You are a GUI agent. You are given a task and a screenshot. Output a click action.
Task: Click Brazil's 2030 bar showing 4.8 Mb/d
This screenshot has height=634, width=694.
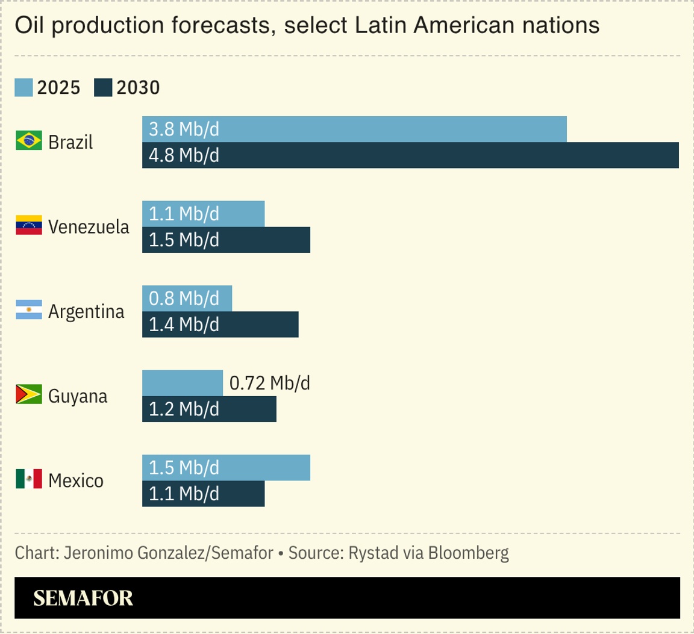coord(410,155)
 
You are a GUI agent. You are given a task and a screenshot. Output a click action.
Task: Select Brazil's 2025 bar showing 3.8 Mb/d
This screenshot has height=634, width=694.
coord(354,129)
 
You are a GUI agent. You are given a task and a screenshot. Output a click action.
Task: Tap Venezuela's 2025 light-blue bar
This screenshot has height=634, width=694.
coord(203,214)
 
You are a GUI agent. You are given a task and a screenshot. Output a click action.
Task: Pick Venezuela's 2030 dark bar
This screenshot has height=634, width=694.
coord(226,240)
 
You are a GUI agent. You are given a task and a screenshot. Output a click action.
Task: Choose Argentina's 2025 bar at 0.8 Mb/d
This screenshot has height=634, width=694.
coord(187,299)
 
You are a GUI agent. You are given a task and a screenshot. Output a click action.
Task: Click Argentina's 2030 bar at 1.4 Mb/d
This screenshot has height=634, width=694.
coord(220,325)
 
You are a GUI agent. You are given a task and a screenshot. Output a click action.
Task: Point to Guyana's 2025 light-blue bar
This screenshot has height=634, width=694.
coord(183,384)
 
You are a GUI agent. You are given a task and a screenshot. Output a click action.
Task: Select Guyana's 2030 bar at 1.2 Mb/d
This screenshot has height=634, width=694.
coord(209,409)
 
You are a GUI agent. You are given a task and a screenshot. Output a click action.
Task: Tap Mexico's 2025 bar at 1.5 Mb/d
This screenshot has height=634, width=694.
coord(226,468)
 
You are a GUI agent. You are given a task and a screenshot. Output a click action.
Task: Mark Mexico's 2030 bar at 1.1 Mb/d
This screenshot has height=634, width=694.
coord(203,494)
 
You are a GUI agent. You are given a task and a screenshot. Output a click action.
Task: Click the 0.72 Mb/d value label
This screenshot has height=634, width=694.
coord(270,383)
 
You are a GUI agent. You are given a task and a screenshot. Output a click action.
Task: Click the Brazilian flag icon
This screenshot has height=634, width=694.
coord(28,141)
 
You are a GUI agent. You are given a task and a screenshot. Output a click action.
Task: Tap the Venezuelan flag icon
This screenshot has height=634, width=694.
coord(28,225)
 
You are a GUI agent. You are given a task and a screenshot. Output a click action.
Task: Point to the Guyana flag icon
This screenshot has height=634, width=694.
coord(28,395)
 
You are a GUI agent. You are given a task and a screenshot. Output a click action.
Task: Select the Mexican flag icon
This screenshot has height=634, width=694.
coord(28,479)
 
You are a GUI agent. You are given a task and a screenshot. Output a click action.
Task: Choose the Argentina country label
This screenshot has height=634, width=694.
coord(86,311)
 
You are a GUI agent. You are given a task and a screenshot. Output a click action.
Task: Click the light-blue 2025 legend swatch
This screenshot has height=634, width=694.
coord(23,88)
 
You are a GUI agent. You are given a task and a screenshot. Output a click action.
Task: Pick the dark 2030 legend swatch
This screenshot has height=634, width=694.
coord(103,88)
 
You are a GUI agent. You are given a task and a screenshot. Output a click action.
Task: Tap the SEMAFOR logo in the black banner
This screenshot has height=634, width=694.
coord(83,598)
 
